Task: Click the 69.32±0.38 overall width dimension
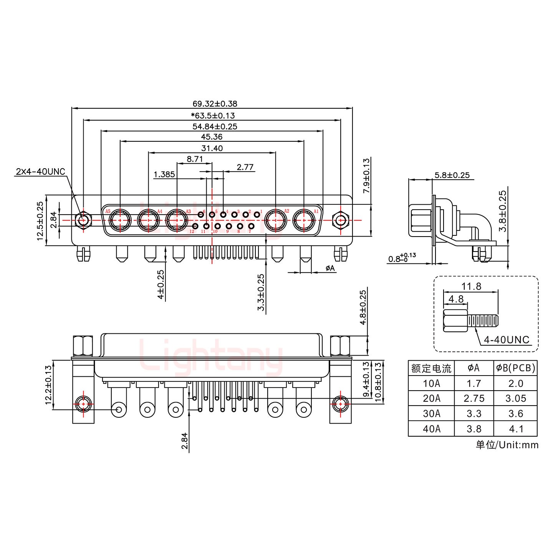tap(215, 104)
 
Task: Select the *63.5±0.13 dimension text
tap(212, 115)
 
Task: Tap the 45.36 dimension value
tap(212, 137)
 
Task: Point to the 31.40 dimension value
tap(212, 148)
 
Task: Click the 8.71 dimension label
tap(194, 159)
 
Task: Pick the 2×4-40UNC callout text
tap(40, 171)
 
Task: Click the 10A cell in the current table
tap(431, 383)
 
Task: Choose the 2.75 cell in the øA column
tap(474, 398)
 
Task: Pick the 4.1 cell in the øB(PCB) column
tap(515, 429)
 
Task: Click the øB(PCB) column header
tap(515, 368)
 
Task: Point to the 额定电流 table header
tap(431, 368)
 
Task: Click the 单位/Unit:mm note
tap(507, 445)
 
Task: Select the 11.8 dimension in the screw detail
tap(471, 286)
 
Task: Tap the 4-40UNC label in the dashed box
tap(507, 339)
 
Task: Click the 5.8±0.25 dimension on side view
tap(452, 175)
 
